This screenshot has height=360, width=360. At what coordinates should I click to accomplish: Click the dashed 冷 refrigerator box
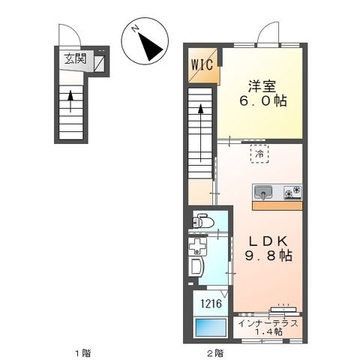click(259, 155)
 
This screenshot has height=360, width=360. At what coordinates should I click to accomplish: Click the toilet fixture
click(202, 221)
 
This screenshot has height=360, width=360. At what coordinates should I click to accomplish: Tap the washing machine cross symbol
click(199, 247)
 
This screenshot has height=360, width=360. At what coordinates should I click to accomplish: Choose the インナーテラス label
click(269, 323)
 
